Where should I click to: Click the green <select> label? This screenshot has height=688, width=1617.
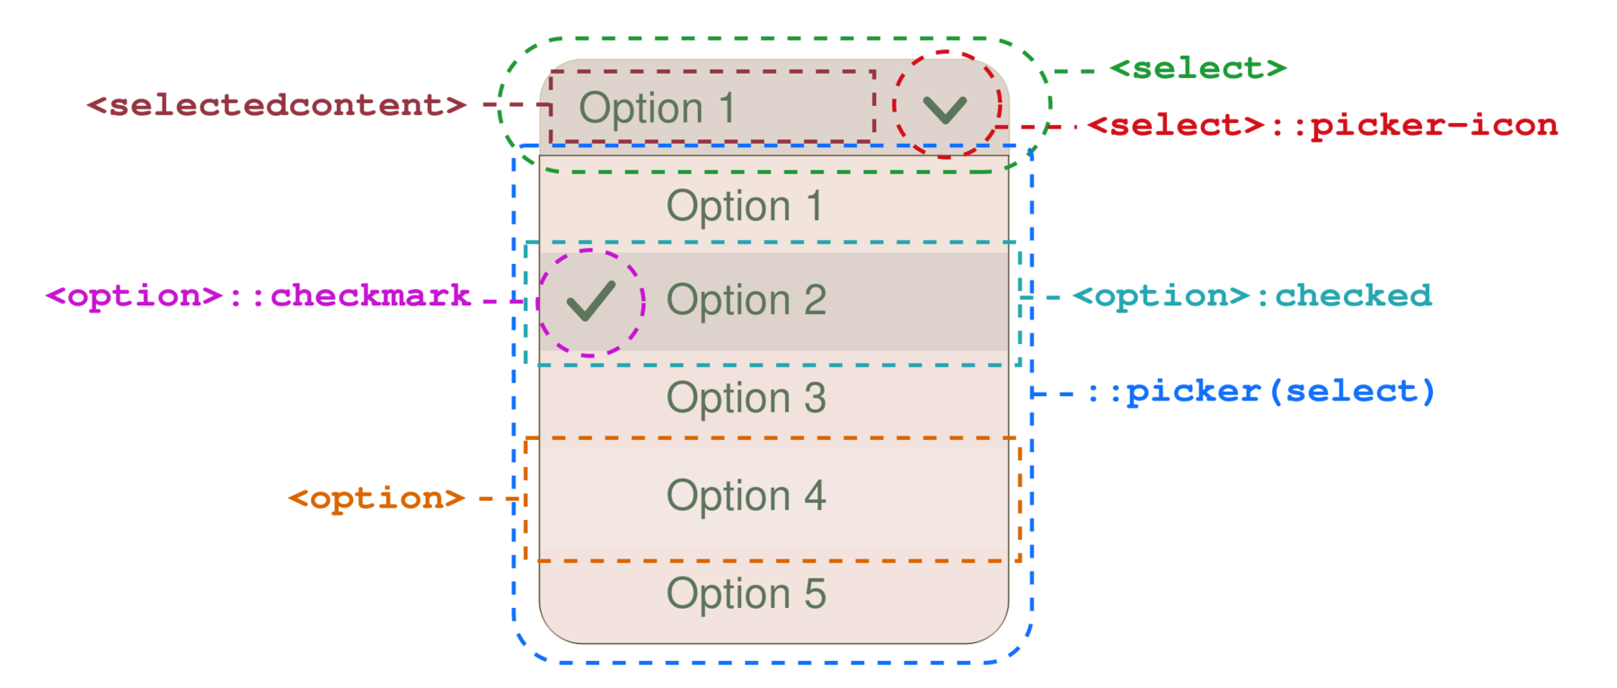pos(1197,68)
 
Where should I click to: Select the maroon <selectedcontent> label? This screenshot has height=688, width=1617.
pos(277,105)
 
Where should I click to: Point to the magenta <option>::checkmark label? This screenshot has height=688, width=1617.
pos(259,295)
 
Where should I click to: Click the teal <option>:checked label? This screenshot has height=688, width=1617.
pos(1252,295)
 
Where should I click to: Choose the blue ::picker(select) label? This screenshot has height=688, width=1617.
pos(1261,393)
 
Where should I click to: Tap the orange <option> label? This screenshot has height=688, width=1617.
pos(376,498)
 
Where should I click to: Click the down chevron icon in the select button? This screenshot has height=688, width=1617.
pos(944,110)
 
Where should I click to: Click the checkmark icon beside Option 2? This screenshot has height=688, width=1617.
pos(591,301)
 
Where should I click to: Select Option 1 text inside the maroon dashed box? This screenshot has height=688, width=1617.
pos(657,109)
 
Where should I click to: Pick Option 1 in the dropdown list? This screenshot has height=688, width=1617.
pos(745,207)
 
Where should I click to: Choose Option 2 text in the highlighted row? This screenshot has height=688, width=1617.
pos(746,300)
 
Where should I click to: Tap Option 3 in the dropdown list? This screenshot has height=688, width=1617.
pos(746,398)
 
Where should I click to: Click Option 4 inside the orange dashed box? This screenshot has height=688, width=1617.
pos(746,496)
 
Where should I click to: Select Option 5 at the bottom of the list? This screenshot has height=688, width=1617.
pos(746,594)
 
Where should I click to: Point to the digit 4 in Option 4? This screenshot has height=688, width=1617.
pos(814,496)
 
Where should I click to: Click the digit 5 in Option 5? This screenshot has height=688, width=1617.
pos(814,594)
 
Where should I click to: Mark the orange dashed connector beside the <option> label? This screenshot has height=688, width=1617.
pos(499,498)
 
